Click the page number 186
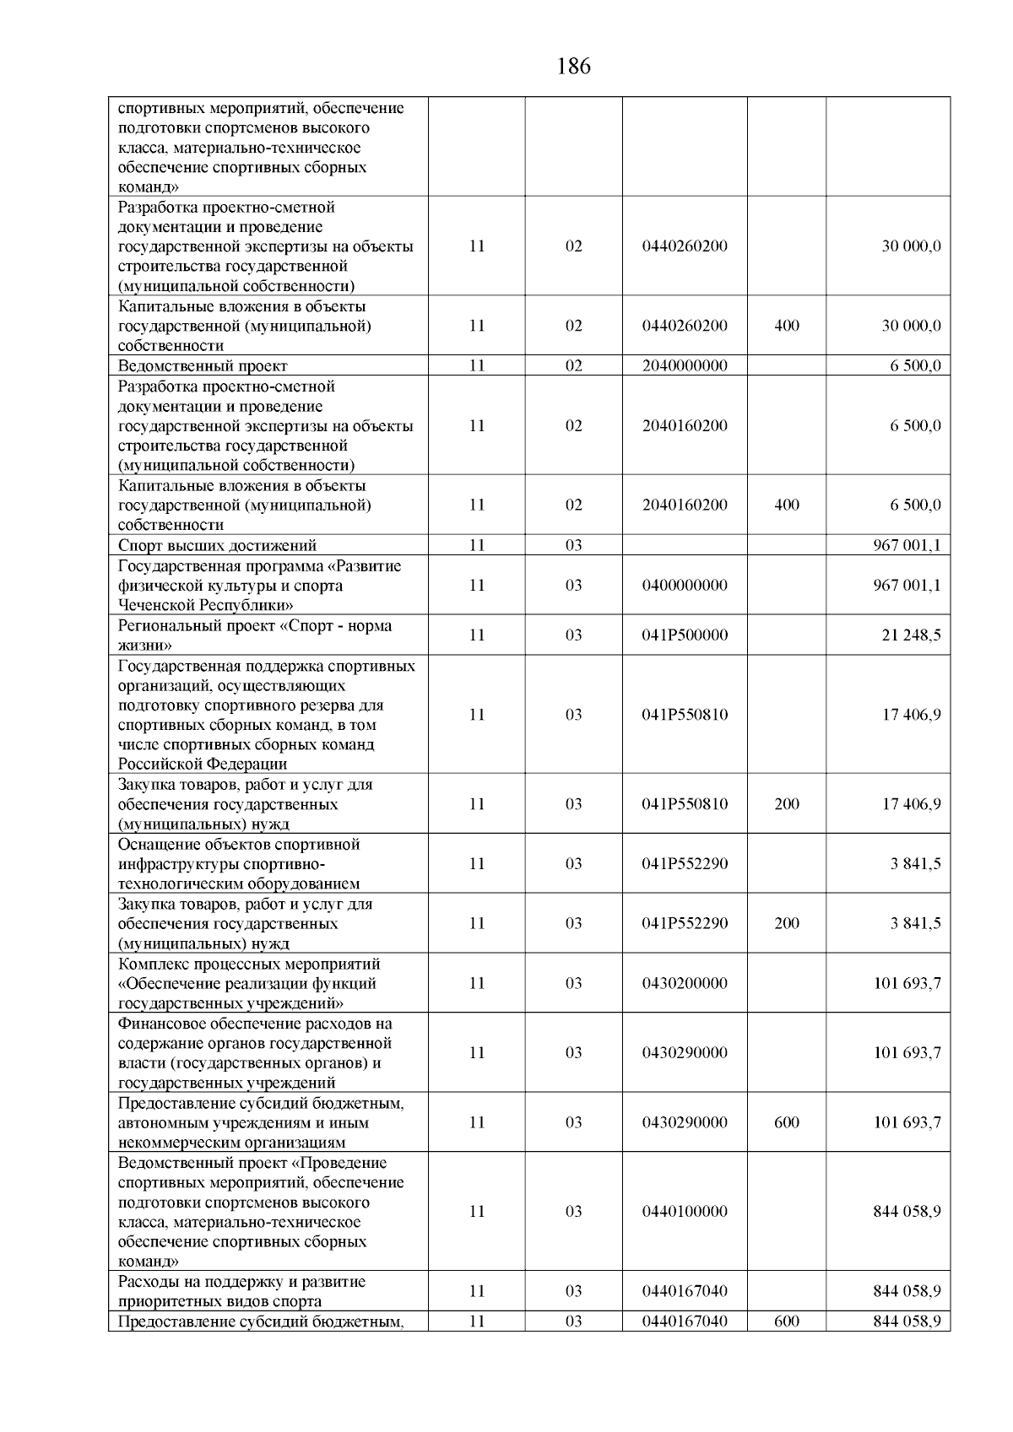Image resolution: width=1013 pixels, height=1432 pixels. point(574,67)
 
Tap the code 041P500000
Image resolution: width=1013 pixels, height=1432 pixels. point(685,635)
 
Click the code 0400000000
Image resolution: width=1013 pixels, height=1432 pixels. point(685,586)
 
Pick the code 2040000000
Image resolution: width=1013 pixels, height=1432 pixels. point(685,366)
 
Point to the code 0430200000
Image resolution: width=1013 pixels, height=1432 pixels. point(685,984)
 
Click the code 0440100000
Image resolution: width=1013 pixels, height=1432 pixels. point(685,1212)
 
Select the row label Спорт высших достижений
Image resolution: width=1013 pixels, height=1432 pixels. point(218,546)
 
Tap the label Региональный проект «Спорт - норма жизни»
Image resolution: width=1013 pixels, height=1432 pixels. point(255,635)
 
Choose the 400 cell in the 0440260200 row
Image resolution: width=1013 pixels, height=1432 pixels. point(786,327)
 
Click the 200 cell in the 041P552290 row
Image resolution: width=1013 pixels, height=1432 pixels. point(786,924)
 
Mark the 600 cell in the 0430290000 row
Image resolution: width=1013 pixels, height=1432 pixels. point(786,1123)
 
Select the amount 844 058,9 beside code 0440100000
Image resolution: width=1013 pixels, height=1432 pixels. point(907,1212)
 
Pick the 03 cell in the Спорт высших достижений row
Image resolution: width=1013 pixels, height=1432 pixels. point(573,546)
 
